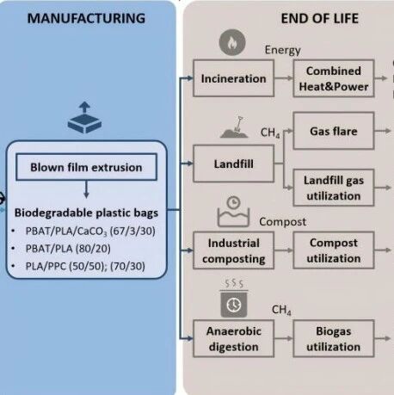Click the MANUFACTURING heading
(86, 18)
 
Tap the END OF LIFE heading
(320, 19)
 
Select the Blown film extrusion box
(86, 167)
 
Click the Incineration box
(233, 78)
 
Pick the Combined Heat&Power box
(334, 78)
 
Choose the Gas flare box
(334, 131)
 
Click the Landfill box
(233, 164)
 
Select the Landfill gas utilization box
(334, 188)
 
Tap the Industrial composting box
(233, 250)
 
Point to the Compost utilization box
(334, 250)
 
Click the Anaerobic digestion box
(233, 338)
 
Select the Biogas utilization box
(334, 338)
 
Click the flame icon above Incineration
(232, 42)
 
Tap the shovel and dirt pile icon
(235, 127)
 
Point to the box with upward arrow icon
(84, 118)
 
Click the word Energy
(283, 50)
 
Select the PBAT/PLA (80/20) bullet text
(68, 249)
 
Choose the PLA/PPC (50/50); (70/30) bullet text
(85, 266)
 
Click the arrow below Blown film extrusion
(86, 189)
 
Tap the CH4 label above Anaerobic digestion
(281, 310)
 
